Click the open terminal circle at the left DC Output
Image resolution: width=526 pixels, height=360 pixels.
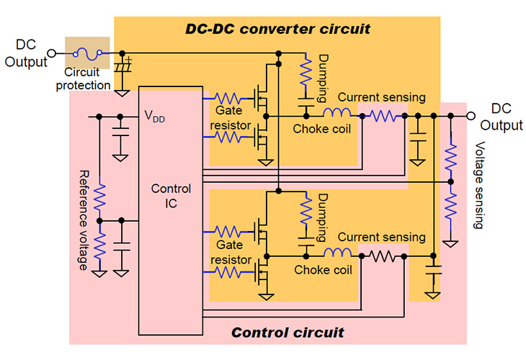pos(51,53)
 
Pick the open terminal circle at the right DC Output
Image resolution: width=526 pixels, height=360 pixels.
pos(471,115)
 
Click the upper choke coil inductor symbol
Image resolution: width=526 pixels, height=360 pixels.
pos(337,114)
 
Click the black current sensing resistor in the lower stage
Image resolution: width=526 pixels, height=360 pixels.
pos(381,256)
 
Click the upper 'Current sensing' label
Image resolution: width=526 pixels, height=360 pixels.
pos(381,97)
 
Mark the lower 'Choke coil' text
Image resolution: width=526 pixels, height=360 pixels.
pos(324,270)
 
